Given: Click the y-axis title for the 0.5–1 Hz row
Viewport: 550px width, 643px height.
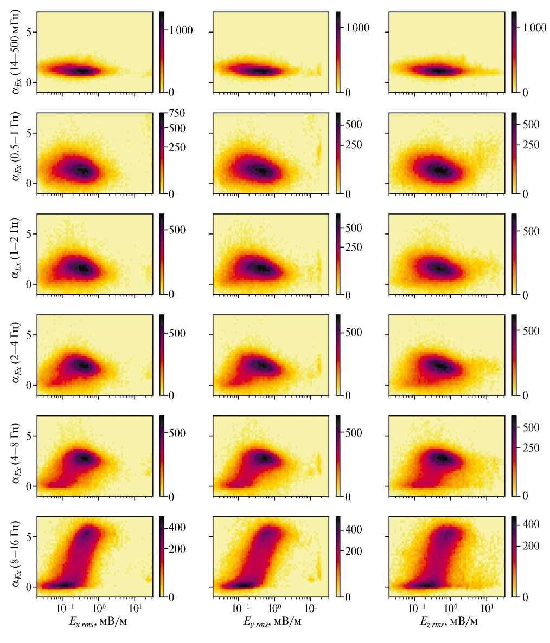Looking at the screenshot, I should tap(16, 153).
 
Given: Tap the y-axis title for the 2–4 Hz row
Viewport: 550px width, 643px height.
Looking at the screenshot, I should tap(16, 355).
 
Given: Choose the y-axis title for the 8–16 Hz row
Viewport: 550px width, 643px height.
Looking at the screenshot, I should tap(16, 557).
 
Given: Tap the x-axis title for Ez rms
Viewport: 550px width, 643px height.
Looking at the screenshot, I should tap(447, 622).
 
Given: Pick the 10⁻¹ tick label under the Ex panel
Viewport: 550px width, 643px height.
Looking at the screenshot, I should tap(65, 607).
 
